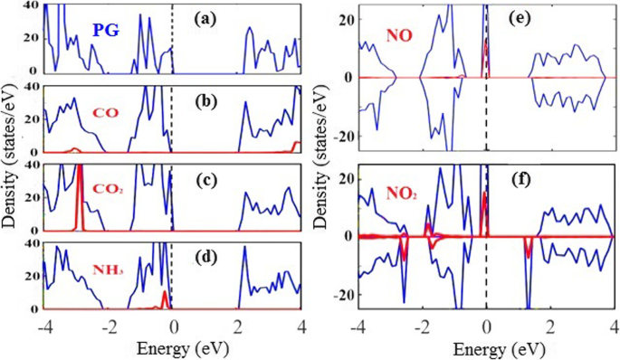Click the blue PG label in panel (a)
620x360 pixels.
(x=107, y=31)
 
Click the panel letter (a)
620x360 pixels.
(x=215, y=18)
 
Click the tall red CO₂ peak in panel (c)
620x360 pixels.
(x=81, y=194)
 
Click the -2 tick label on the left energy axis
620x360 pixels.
(x=108, y=323)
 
